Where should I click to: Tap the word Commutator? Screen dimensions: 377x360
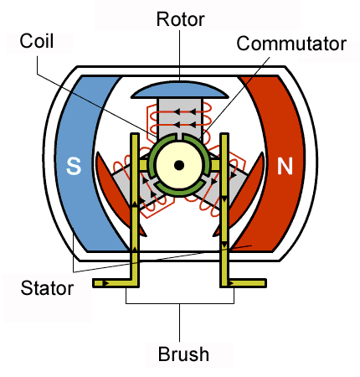pyautogui.click(x=291, y=44)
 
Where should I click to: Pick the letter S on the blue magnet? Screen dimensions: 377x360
pyautogui.click(x=73, y=167)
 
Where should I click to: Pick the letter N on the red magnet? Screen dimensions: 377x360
pyautogui.click(x=285, y=167)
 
